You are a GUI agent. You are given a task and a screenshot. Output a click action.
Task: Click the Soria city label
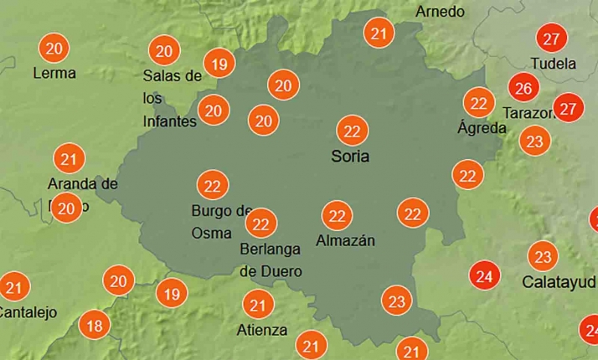coord(350,157)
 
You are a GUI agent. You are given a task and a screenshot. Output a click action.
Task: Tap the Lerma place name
coord(54,73)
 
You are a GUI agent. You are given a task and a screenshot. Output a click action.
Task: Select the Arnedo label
coord(440,12)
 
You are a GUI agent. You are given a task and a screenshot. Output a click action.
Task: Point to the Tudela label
coord(554,64)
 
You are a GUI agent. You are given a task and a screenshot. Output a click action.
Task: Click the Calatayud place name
coord(559,281)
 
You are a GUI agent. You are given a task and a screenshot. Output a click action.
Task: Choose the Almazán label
coord(345,241)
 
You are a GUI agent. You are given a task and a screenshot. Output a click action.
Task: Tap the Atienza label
coord(261,330)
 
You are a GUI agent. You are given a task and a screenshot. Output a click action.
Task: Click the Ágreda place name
coord(482,128)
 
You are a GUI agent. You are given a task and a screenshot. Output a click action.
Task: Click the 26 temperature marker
coord(524,87)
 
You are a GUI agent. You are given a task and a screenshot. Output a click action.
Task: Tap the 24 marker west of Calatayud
coord(483,275)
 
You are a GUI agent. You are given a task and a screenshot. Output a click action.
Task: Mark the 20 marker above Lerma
coord(54,49)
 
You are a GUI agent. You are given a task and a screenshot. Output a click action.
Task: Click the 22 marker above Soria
coord(353,131)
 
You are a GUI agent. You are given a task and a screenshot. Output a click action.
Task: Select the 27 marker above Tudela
coord(551,39)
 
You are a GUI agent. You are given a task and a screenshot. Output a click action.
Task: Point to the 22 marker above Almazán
coord(338,216)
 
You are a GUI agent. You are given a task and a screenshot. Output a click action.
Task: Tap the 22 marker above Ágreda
coord(479,104)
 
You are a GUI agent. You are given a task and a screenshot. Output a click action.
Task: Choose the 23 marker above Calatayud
coord(543,256)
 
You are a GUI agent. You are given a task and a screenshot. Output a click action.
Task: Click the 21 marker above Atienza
coord(258,305)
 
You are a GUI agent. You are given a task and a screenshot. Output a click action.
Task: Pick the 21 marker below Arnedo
coord(379,34)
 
